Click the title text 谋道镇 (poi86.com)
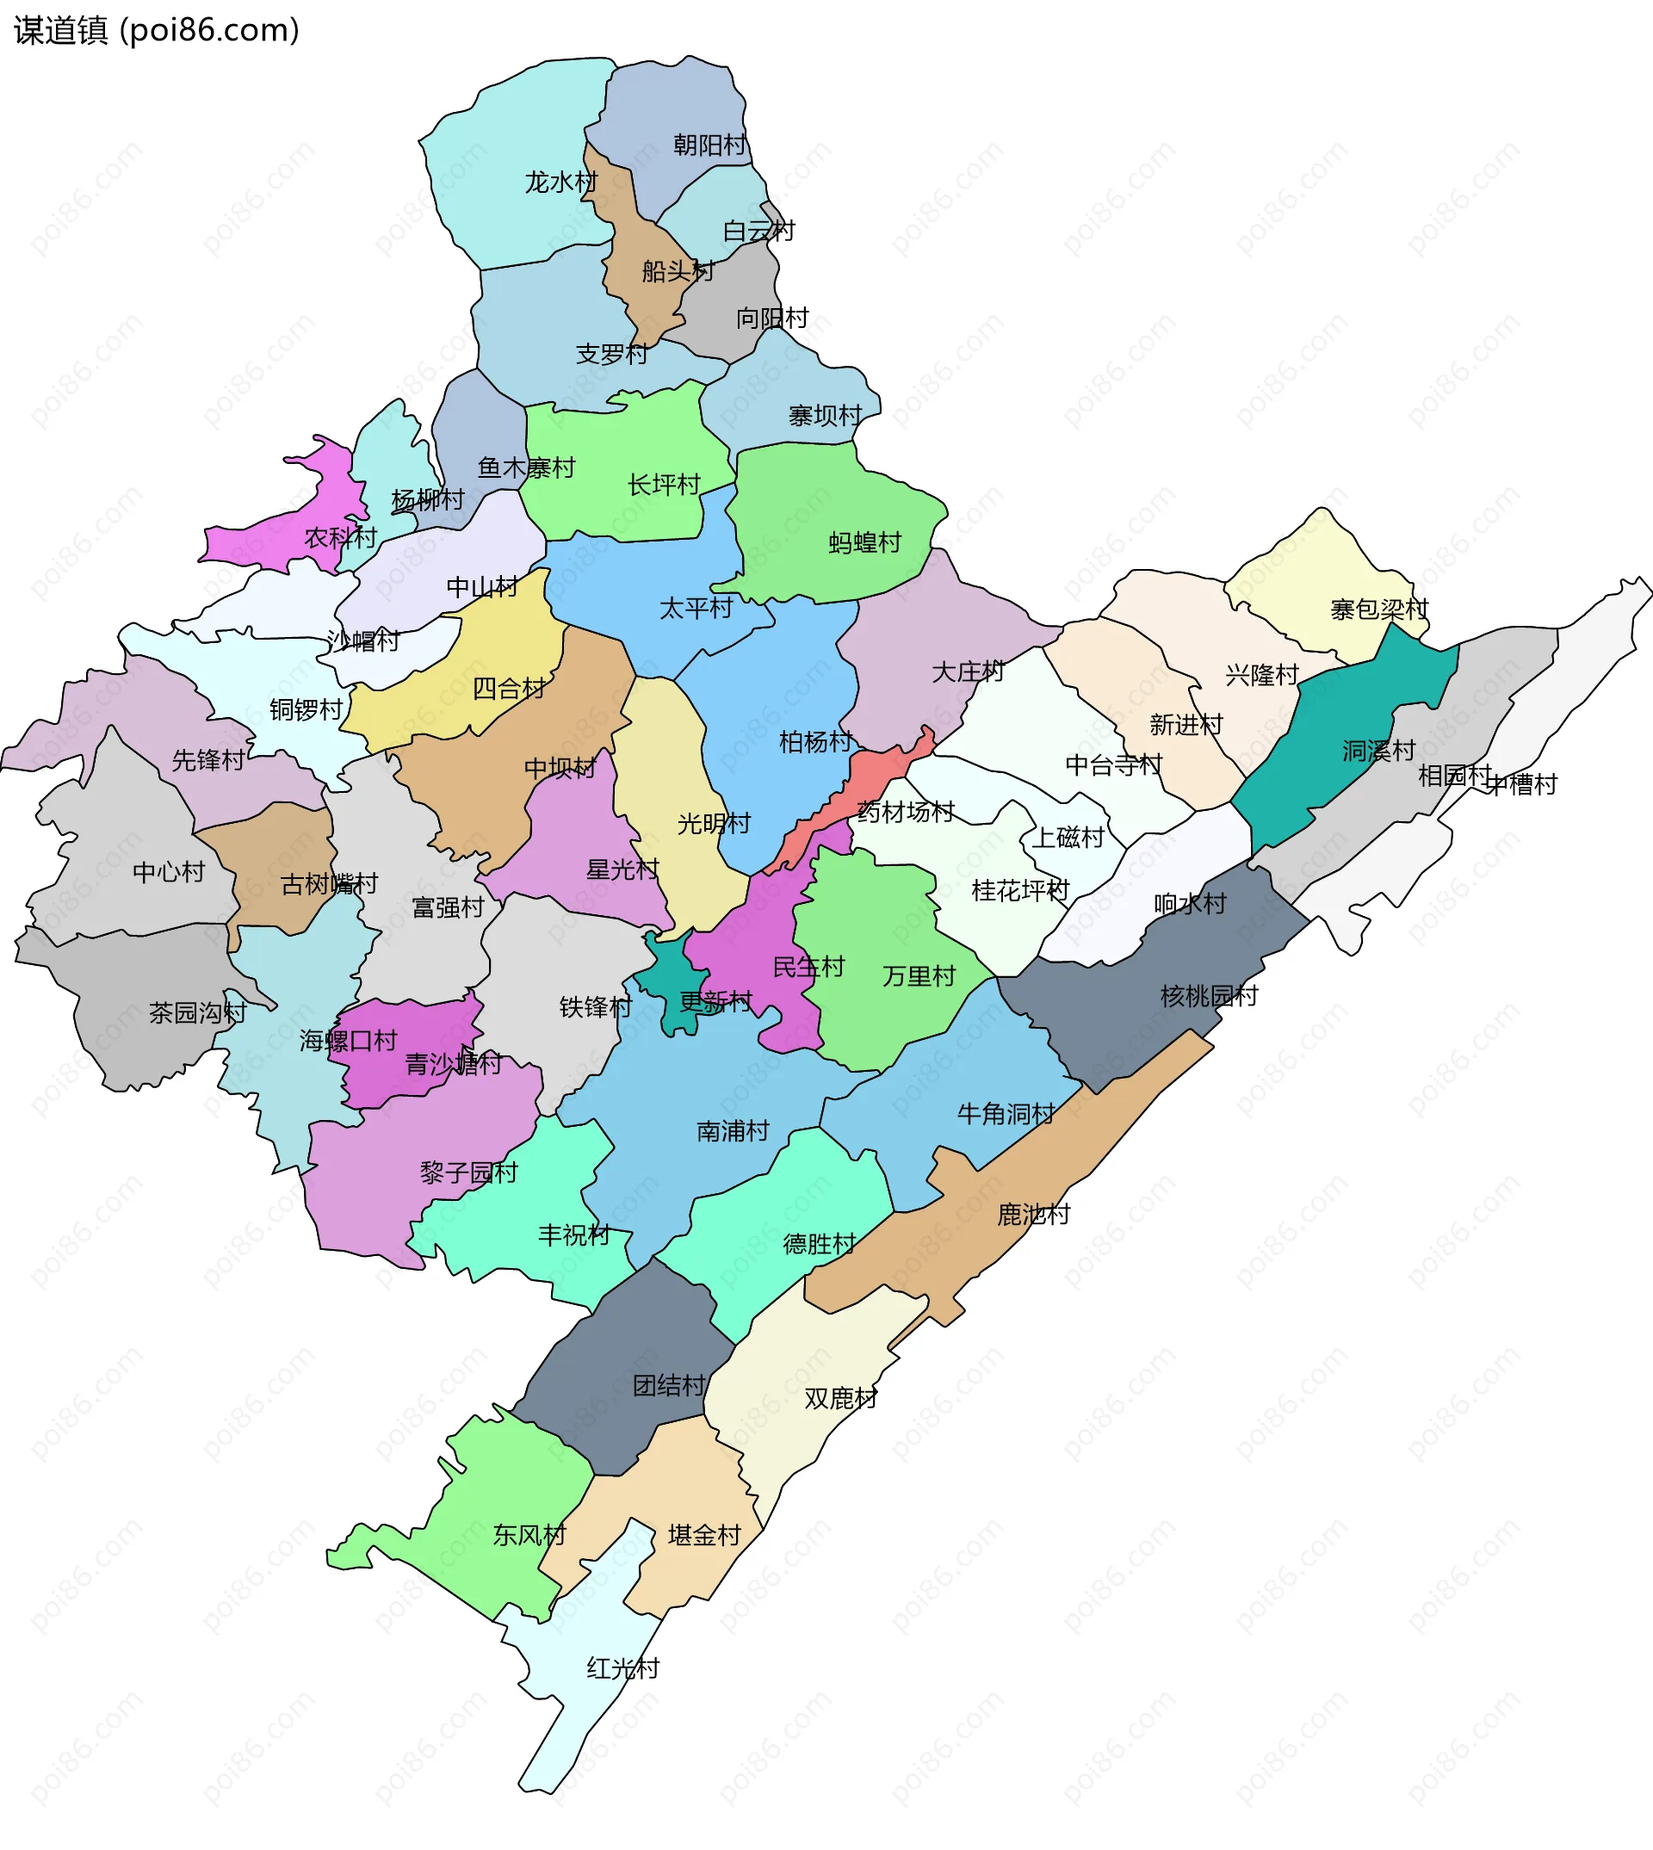click(x=156, y=31)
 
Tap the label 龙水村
click(x=561, y=183)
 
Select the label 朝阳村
click(x=709, y=145)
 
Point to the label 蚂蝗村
click(x=864, y=543)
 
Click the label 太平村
click(x=696, y=609)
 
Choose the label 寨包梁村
click(x=1378, y=609)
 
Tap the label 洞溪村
click(x=1378, y=751)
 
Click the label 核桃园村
click(x=1209, y=996)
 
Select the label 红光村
click(x=623, y=1668)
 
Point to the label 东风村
click(x=529, y=1535)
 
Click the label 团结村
click(x=669, y=1386)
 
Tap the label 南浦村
click(x=732, y=1130)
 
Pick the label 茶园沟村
click(x=197, y=1012)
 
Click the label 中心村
click(x=169, y=872)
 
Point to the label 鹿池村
click(x=1034, y=1215)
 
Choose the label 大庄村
click(x=968, y=672)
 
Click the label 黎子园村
click(x=468, y=1172)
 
